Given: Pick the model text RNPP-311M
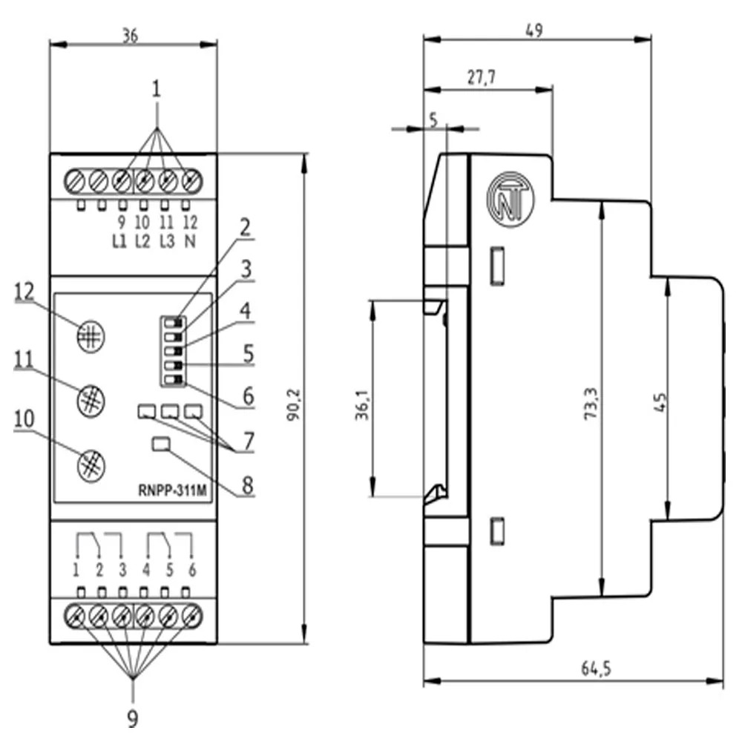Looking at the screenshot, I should pos(173,489).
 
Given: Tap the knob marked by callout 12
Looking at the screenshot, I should pos(90,335).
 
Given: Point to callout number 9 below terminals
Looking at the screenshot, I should pos(132,718).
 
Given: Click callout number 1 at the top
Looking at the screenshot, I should pos(157,90).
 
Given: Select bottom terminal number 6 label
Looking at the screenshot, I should pos(192,571).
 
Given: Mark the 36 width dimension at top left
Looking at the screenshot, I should pos(131,35).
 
